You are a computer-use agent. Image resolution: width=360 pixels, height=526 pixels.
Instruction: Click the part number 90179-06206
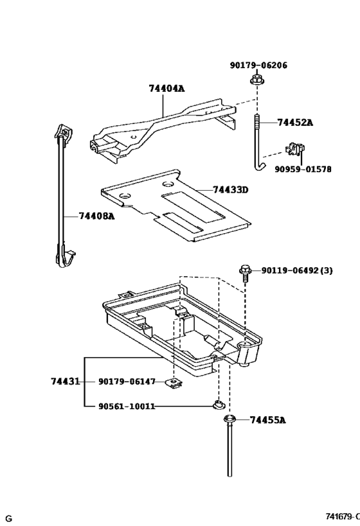[x=258, y=66]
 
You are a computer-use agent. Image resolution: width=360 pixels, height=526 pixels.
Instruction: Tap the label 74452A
[x=295, y=122]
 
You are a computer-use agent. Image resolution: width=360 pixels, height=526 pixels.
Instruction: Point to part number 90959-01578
[x=303, y=170]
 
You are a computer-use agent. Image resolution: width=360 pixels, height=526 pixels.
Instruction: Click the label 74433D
[x=231, y=190]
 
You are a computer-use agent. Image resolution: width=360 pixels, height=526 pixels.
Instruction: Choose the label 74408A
[x=96, y=216]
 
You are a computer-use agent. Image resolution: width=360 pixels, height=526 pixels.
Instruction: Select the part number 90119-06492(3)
[x=297, y=270]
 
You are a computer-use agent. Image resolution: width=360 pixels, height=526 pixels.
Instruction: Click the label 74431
[x=65, y=381]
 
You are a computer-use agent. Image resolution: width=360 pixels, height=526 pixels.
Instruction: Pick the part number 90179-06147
[x=127, y=381]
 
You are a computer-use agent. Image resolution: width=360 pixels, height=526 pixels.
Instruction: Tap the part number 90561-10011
[x=127, y=406]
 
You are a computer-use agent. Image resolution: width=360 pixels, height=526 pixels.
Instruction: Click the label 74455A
[x=267, y=420]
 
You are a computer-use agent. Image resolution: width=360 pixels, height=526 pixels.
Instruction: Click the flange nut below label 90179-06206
[x=256, y=81]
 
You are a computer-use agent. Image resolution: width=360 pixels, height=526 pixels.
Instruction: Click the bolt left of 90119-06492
[x=245, y=272]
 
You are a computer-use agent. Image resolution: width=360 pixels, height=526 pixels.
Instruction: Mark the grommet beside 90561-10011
[x=219, y=405]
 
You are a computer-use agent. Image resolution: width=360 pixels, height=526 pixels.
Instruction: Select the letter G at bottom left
[x=9, y=518]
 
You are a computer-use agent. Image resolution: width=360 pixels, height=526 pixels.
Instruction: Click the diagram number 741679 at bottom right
[x=339, y=518]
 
